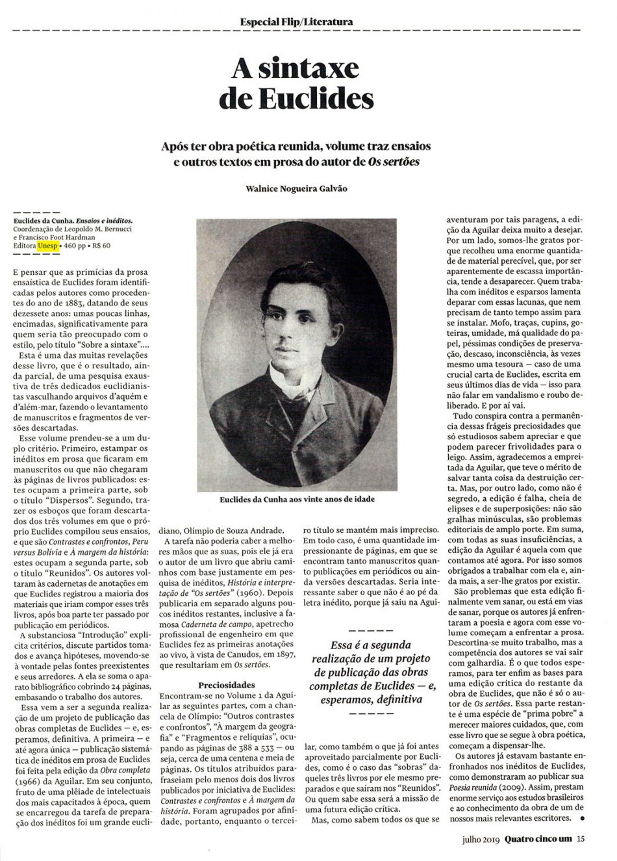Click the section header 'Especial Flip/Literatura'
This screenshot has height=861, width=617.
click(x=296, y=21)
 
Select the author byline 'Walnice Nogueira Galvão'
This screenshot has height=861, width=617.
click(x=296, y=188)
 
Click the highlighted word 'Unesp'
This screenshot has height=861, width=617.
click(x=47, y=246)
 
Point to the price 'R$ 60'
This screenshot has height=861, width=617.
click(x=101, y=246)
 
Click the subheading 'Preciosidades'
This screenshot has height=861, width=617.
click(x=227, y=684)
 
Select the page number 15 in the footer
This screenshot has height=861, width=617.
click(x=581, y=838)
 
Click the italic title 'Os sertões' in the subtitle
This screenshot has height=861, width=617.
click(x=393, y=161)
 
